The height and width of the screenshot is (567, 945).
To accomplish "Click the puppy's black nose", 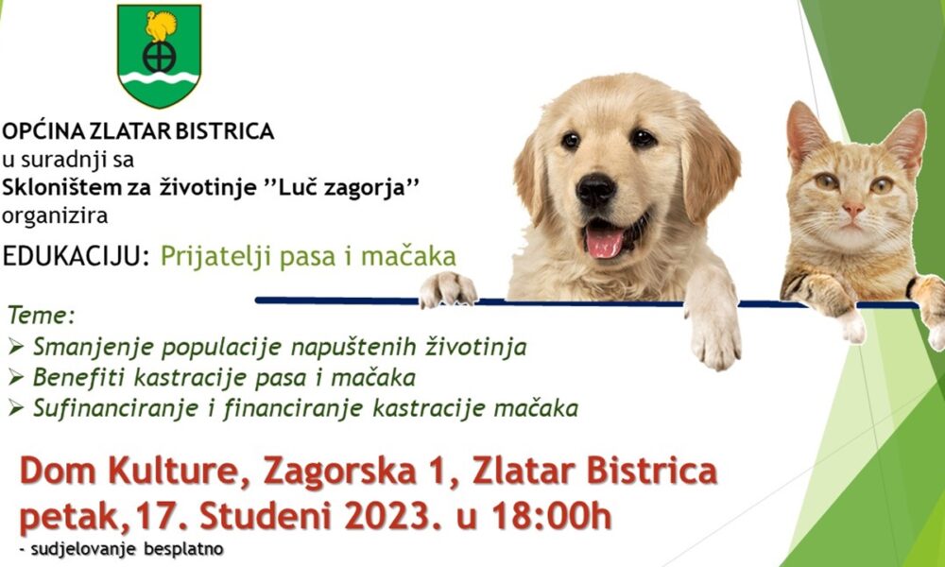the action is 595,190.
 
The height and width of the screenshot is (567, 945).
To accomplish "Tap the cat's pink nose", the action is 853,210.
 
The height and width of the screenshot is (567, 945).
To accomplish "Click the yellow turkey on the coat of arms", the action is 161,26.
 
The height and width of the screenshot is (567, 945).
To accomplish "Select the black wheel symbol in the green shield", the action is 159,58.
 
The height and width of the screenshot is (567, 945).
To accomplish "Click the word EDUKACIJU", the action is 76,257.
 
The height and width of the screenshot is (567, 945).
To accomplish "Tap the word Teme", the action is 41,315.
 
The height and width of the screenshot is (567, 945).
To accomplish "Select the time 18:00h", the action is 552,516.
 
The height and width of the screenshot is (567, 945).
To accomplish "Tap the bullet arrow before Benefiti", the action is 16,378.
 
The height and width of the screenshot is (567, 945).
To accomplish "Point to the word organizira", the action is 55,215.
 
